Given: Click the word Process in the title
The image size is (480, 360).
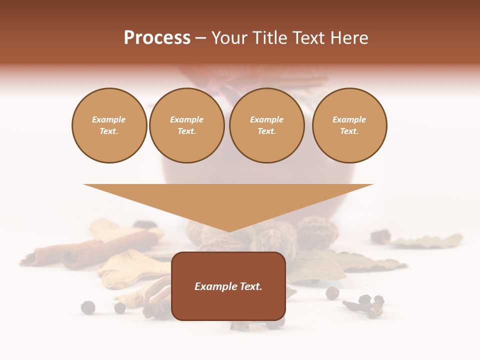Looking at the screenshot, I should point(157,38).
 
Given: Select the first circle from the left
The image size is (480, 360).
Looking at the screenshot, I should point(109,125).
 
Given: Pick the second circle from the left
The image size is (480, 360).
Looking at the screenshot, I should point(186,125).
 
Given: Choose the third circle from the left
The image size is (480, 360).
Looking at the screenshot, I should point(266,125).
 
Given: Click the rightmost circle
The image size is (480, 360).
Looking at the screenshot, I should point(349,125).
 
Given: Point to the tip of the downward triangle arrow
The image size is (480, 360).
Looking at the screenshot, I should point(229,231).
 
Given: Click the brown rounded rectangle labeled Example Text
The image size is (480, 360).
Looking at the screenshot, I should point(228,286).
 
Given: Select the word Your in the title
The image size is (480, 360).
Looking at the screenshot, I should point(229,38).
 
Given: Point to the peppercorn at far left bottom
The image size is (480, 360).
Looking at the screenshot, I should point(88,307).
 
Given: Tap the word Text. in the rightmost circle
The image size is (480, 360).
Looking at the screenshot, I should point(349,131).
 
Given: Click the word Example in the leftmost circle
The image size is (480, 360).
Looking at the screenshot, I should point(109,119).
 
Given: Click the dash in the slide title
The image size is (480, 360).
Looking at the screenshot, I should point(200,38).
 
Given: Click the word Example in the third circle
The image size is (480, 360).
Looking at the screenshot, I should point(266,119).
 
